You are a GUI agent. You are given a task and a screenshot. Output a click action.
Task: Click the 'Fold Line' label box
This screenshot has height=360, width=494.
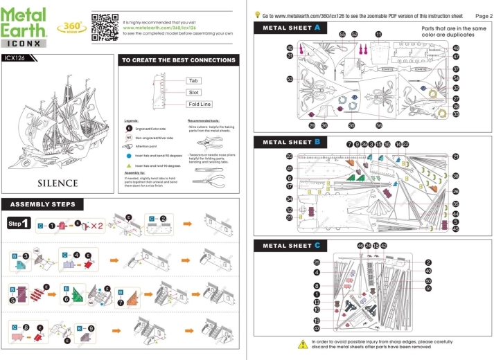coord(199,104)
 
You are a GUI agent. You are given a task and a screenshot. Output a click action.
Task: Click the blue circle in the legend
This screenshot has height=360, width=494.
coord(128,156)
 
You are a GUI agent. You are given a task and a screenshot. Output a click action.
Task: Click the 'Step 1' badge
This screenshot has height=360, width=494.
coord(19,224)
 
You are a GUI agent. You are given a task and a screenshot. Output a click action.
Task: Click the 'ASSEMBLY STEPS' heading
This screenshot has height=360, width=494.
coord(44,204)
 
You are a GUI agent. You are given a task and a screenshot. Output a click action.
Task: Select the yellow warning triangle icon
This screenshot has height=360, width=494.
coord(302,343)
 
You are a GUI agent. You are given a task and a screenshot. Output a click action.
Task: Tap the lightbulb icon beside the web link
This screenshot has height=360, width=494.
coord(258,13)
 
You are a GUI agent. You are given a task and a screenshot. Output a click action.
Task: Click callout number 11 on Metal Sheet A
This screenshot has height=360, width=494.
coord(378,34)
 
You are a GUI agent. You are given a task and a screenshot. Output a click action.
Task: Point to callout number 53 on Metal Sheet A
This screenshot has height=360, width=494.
coord(290,80)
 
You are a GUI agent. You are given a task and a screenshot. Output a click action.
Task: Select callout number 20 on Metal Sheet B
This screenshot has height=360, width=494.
coord(290,156)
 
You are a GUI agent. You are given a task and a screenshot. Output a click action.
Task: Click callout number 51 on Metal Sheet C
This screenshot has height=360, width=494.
coord(428,289)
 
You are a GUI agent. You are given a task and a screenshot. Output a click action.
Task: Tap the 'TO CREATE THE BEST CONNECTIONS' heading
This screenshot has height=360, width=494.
coord(178,61)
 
